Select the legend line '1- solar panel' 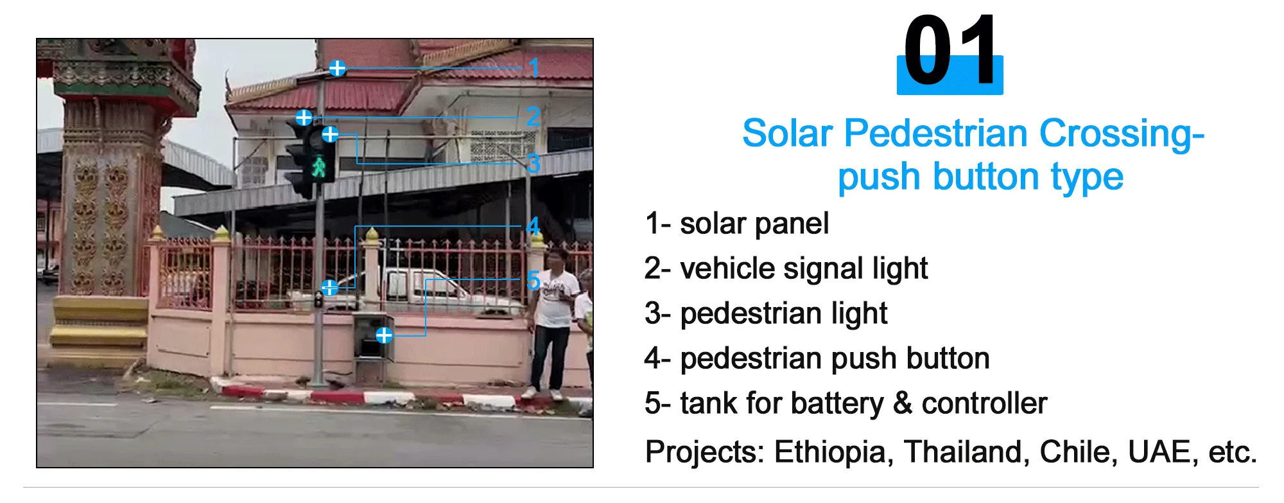click(736, 224)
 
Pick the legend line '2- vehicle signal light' click(786, 269)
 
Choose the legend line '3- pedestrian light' click(766, 313)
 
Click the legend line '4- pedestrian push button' click(817, 358)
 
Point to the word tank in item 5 click(709, 403)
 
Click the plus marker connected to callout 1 click(337, 67)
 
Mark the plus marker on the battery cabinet click(384, 335)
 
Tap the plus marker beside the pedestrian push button click(329, 287)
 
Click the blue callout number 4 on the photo click(533, 226)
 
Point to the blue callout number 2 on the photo click(533, 117)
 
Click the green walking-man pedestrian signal click(319, 167)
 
